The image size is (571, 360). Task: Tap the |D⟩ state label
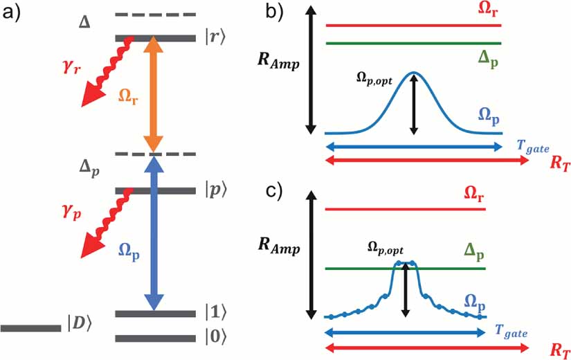coord(80,323)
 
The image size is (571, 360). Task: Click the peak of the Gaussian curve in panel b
coord(414,72)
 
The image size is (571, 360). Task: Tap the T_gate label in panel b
coord(530,143)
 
